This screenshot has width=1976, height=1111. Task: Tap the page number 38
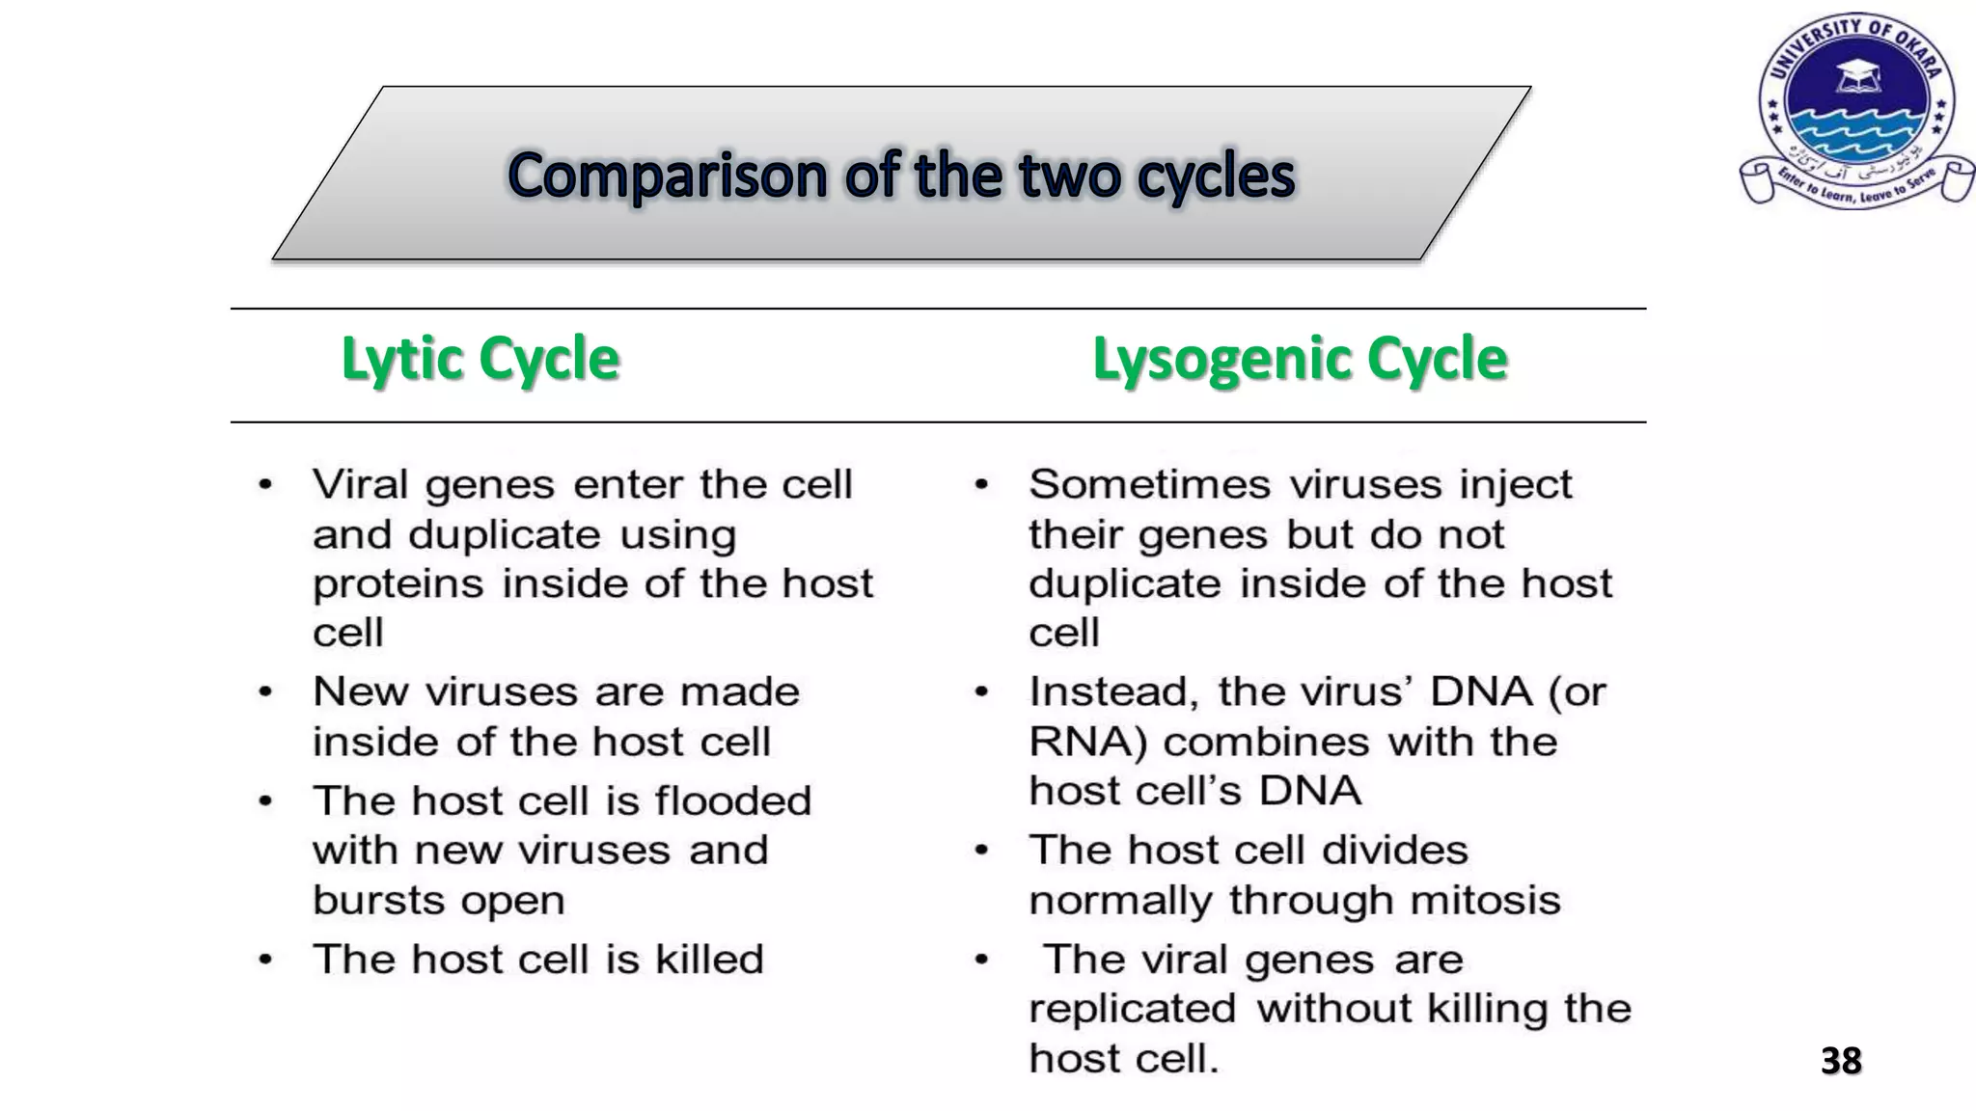coord(1840,1061)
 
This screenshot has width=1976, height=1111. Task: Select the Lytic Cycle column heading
coord(480,359)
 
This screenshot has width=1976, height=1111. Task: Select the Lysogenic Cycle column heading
coord(1299,359)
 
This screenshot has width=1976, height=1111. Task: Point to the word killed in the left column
coord(709,960)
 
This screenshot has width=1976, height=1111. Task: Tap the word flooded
coord(732,800)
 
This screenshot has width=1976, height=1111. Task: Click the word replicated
coord(1132,1009)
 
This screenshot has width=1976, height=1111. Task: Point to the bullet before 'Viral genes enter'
coord(265,484)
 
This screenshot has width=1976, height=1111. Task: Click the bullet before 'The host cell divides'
coord(981,851)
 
